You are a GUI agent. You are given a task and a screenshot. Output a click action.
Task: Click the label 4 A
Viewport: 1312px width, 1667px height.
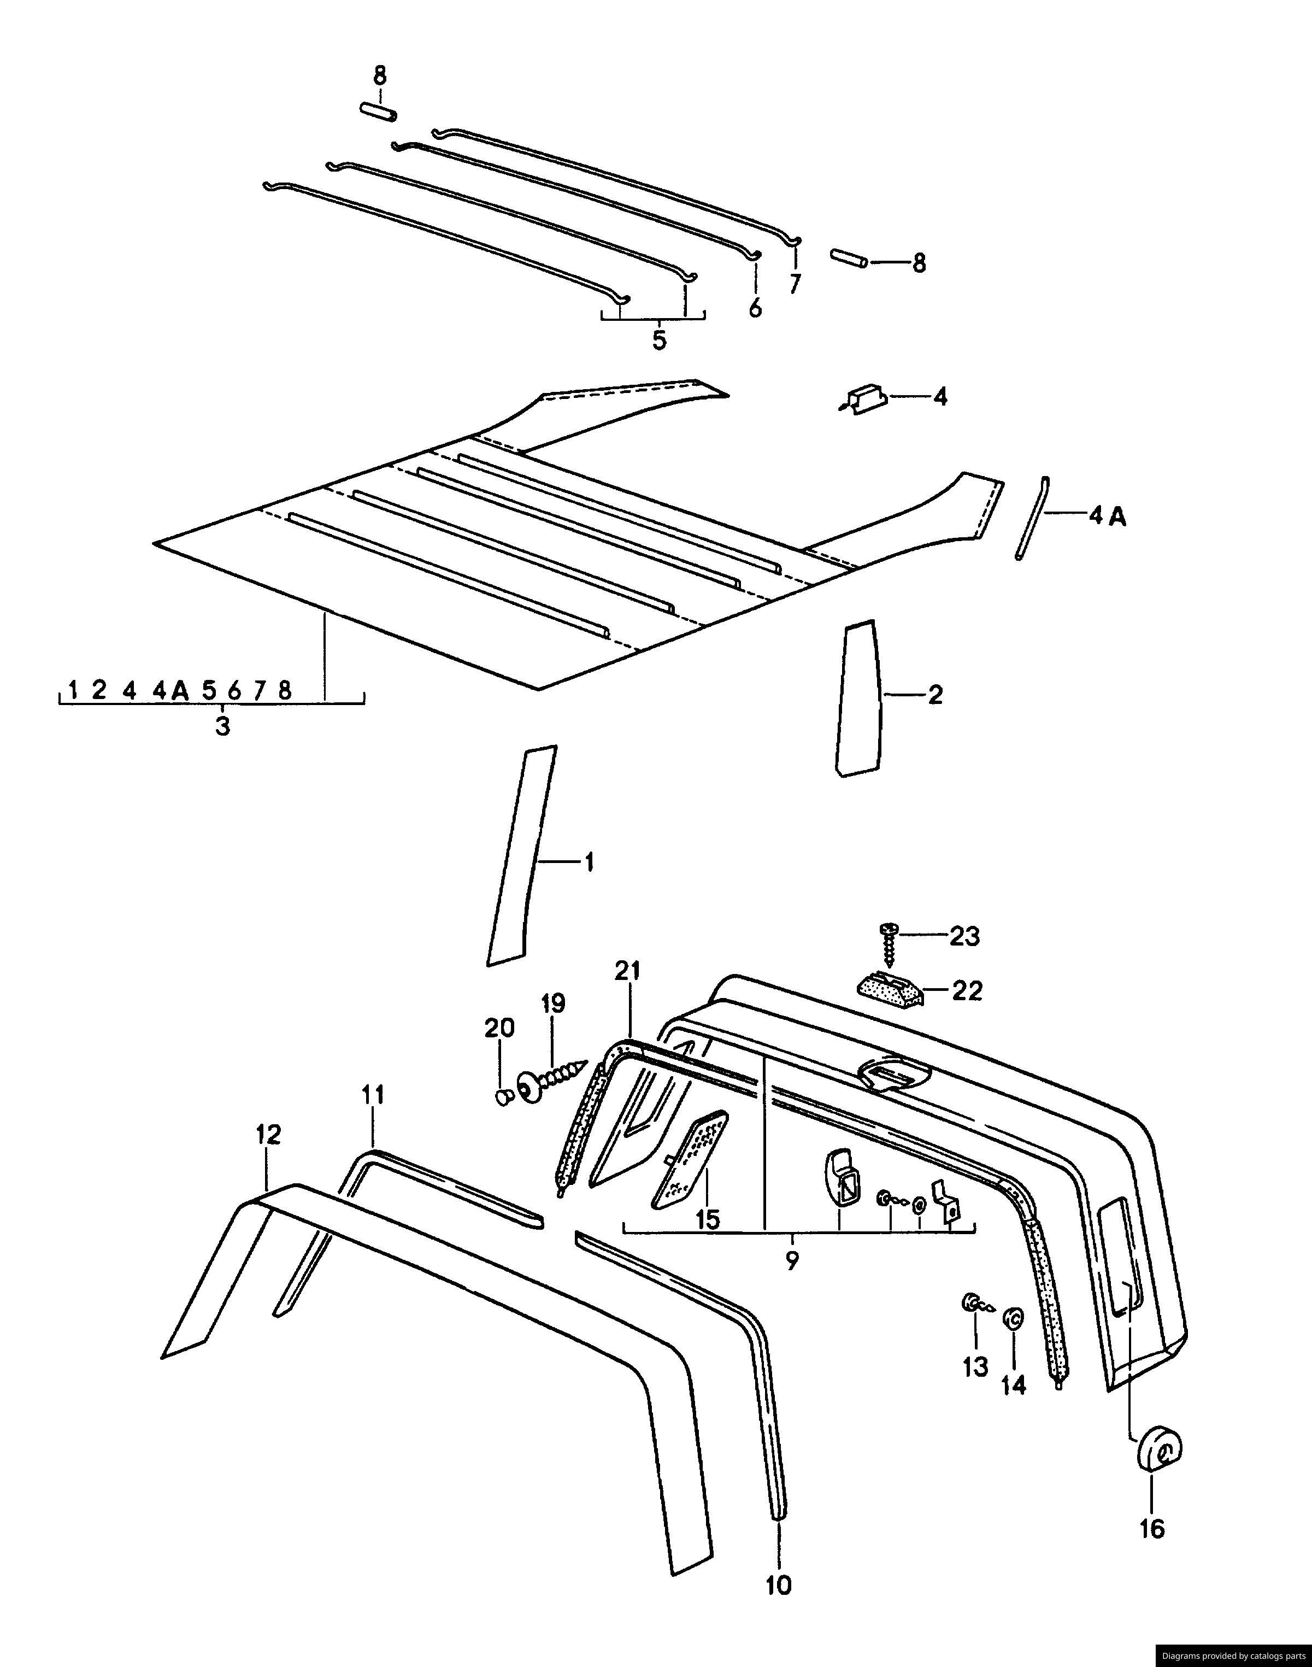(1107, 516)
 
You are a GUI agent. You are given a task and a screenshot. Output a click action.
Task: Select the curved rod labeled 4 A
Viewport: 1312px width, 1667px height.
(1032, 518)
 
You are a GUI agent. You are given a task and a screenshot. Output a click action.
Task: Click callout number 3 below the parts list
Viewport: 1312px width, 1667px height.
(222, 725)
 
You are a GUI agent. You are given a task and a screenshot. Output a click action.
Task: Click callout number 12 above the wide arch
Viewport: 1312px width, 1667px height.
(269, 1134)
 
